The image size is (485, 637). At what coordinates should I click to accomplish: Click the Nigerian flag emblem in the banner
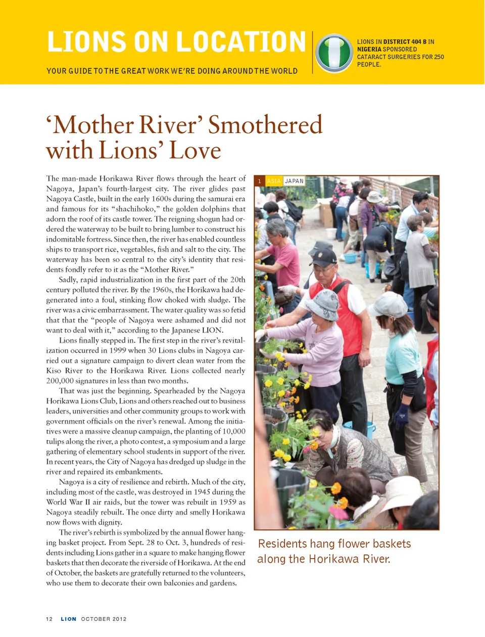tap(334, 53)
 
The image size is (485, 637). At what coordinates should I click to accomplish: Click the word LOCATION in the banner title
tap(241, 42)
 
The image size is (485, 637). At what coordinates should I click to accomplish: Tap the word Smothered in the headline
tap(265, 125)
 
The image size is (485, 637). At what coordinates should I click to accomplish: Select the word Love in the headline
tap(195, 150)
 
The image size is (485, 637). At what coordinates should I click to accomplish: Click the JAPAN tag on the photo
tap(294, 181)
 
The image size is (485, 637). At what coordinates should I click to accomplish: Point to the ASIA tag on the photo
tap(274, 181)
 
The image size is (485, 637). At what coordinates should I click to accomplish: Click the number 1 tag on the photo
tap(260, 181)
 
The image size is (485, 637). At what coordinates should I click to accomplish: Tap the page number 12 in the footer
tap(49, 619)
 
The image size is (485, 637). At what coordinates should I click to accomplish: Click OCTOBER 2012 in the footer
tap(104, 619)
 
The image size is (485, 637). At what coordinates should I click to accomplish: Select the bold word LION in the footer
tap(69, 619)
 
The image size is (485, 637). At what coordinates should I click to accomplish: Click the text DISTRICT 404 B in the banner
tap(405, 42)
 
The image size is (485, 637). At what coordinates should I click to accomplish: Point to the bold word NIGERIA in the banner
tap(369, 50)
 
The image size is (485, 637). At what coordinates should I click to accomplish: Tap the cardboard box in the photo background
tap(326, 213)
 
